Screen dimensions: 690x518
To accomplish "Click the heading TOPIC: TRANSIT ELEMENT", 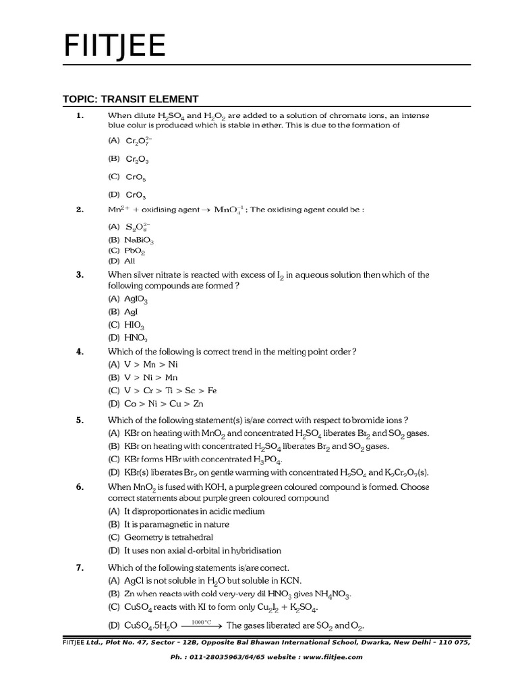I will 131,98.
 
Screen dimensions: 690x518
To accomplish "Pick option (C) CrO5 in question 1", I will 127,177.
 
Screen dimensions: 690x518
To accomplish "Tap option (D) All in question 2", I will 121,260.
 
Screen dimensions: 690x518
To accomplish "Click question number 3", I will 80,275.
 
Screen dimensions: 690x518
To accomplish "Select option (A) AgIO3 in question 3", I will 127,299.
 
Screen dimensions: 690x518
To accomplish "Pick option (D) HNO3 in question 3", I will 127,338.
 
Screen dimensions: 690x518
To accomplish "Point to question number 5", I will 80,420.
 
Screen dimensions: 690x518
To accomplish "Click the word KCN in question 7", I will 290,581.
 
